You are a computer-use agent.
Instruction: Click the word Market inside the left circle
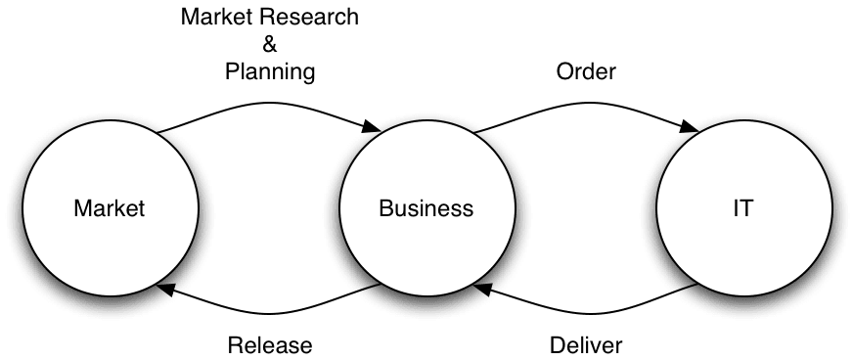[109, 207]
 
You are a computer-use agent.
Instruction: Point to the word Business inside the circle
[426, 207]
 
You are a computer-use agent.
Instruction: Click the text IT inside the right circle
[742, 207]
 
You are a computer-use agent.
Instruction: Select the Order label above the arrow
[585, 71]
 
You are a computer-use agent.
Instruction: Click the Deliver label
[585, 344]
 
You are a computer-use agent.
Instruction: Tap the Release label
[269, 344]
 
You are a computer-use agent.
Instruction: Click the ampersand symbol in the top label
[270, 45]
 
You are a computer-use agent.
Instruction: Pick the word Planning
[270, 71]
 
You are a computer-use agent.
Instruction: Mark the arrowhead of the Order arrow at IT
[690, 128]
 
